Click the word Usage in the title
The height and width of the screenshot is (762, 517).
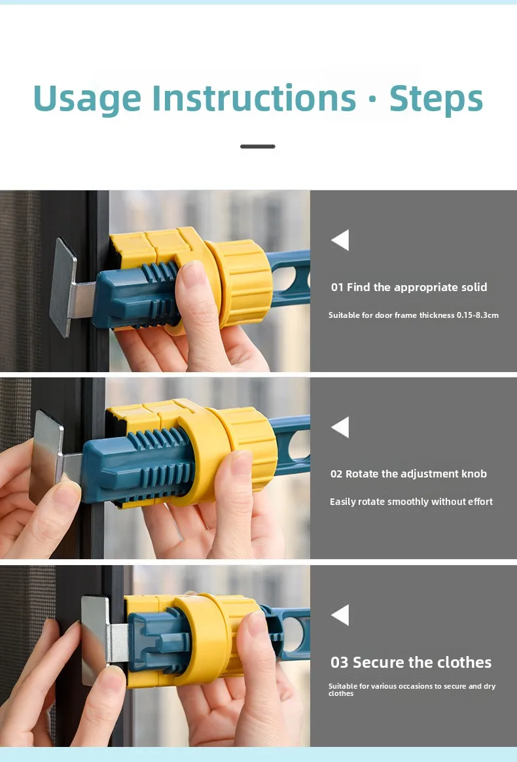click(87, 99)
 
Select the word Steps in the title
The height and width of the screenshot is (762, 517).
click(436, 99)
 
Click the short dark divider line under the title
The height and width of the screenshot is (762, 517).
click(258, 147)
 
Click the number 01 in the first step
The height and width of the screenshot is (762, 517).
click(337, 287)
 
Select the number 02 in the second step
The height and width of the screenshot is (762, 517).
click(336, 474)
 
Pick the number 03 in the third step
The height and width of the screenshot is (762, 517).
click(340, 663)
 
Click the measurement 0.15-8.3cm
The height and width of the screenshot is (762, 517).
click(478, 315)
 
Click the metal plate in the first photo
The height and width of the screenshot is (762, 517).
click(64, 286)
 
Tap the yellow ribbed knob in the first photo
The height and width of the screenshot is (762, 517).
click(241, 283)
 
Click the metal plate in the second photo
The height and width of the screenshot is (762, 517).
click(46, 457)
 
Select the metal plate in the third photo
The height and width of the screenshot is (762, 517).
click(94, 640)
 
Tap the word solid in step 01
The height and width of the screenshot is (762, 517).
click(474, 287)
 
